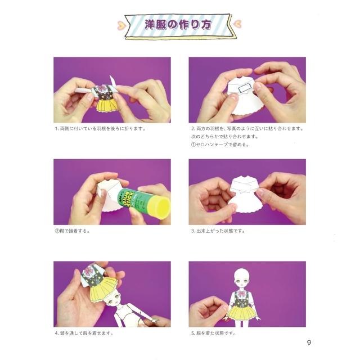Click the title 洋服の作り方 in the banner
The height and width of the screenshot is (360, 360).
tap(178, 25)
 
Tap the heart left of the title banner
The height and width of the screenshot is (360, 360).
tap(121, 25)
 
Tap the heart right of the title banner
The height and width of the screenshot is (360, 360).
tap(237, 23)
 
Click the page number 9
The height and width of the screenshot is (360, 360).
tap(309, 343)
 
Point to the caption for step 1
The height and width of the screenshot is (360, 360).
tap(100, 129)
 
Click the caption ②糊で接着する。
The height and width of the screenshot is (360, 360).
tap(72, 231)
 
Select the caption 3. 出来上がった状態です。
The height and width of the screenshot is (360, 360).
tap(218, 231)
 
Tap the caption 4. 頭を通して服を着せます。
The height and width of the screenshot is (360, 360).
tap(84, 333)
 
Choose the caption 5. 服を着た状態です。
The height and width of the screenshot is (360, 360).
tap(214, 333)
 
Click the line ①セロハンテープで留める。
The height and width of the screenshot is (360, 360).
tap(220, 145)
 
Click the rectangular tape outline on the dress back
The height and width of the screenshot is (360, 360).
tap(245, 88)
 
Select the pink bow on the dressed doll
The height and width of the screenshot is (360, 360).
tap(241, 293)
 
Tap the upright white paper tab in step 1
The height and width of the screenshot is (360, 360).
tap(112, 81)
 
